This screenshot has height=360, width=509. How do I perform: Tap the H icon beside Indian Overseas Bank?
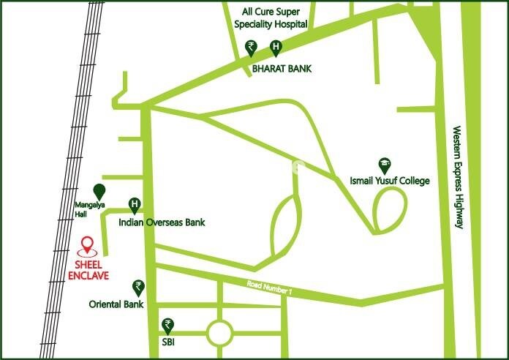(135, 205)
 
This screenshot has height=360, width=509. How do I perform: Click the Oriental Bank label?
(116, 304)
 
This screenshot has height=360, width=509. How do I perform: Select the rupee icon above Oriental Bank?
(137, 286)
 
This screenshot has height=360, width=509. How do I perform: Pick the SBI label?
(169, 342)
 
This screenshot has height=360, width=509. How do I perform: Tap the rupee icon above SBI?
(168, 324)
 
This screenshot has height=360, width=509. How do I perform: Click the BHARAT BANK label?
(282, 68)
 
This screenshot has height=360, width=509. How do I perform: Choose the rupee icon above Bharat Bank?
(252, 48)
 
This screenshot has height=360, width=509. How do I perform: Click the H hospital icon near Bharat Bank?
(276, 48)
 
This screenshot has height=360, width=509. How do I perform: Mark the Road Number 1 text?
(270, 288)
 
